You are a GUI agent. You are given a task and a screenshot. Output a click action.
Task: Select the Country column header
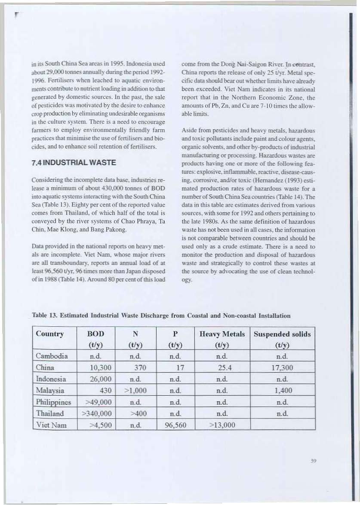pyautogui.click(x=50, y=334)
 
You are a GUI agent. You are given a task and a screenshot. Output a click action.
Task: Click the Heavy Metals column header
pyautogui.click(x=222, y=334)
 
